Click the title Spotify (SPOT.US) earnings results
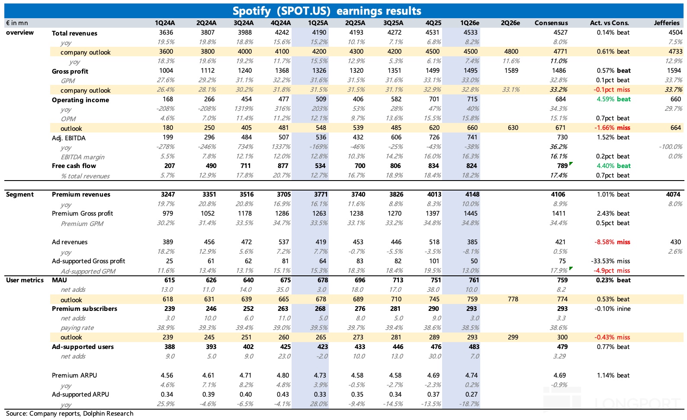pyautogui.click(x=327, y=11)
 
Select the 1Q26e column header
pyautogui.click(x=469, y=23)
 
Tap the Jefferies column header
pyautogui.click(x=666, y=23)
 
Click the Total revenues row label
pyautogui.click(x=74, y=33)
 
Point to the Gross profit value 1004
pyautogui.click(x=166, y=71)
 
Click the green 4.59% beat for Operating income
pyautogui.click(x=613, y=99)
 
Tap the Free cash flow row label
pyautogui.click(x=74, y=166)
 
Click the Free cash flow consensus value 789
pyautogui.click(x=562, y=166)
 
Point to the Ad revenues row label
pyautogui.click(x=70, y=242)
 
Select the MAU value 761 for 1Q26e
pyautogui.click(x=474, y=280)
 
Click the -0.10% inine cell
pyautogui.click(x=612, y=309)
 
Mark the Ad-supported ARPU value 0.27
pyautogui.click(x=471, y=394)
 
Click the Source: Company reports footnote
pyautogui.click(x=70, y=414)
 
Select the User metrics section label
pyautogui.click(x=25, y=280)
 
